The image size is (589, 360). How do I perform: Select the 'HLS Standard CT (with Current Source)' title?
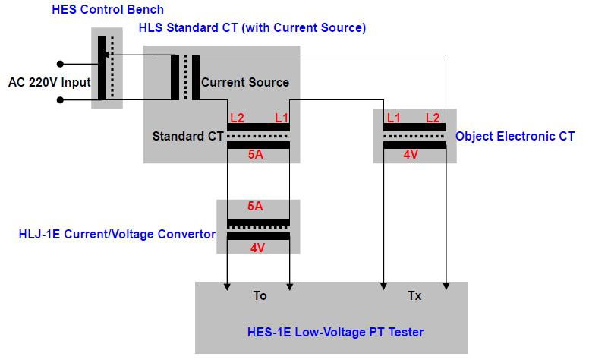tap(252, 28)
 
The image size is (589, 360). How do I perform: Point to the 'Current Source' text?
tap(244, 82)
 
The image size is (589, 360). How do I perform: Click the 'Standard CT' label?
tap(187, 137)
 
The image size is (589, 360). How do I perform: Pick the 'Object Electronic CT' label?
tap(515, 137)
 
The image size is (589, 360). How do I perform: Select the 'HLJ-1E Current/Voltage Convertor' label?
tap(116, 234)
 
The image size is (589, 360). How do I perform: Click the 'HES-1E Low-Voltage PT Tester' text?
tap(335, 332)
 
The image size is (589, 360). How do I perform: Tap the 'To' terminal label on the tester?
tap(260, 296)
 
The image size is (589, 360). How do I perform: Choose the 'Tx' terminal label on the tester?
tap(414, 296)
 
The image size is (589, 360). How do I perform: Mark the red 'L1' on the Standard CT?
tap(282, 118)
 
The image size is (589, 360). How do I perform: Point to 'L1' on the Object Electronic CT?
tap(393, 118)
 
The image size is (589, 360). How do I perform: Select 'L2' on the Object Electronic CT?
tap(433, 118)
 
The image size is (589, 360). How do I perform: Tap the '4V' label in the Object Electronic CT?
tap(411, 155)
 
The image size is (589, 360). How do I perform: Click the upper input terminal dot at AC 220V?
tap(60, 65)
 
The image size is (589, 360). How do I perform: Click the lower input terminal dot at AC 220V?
tap(60, 99)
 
